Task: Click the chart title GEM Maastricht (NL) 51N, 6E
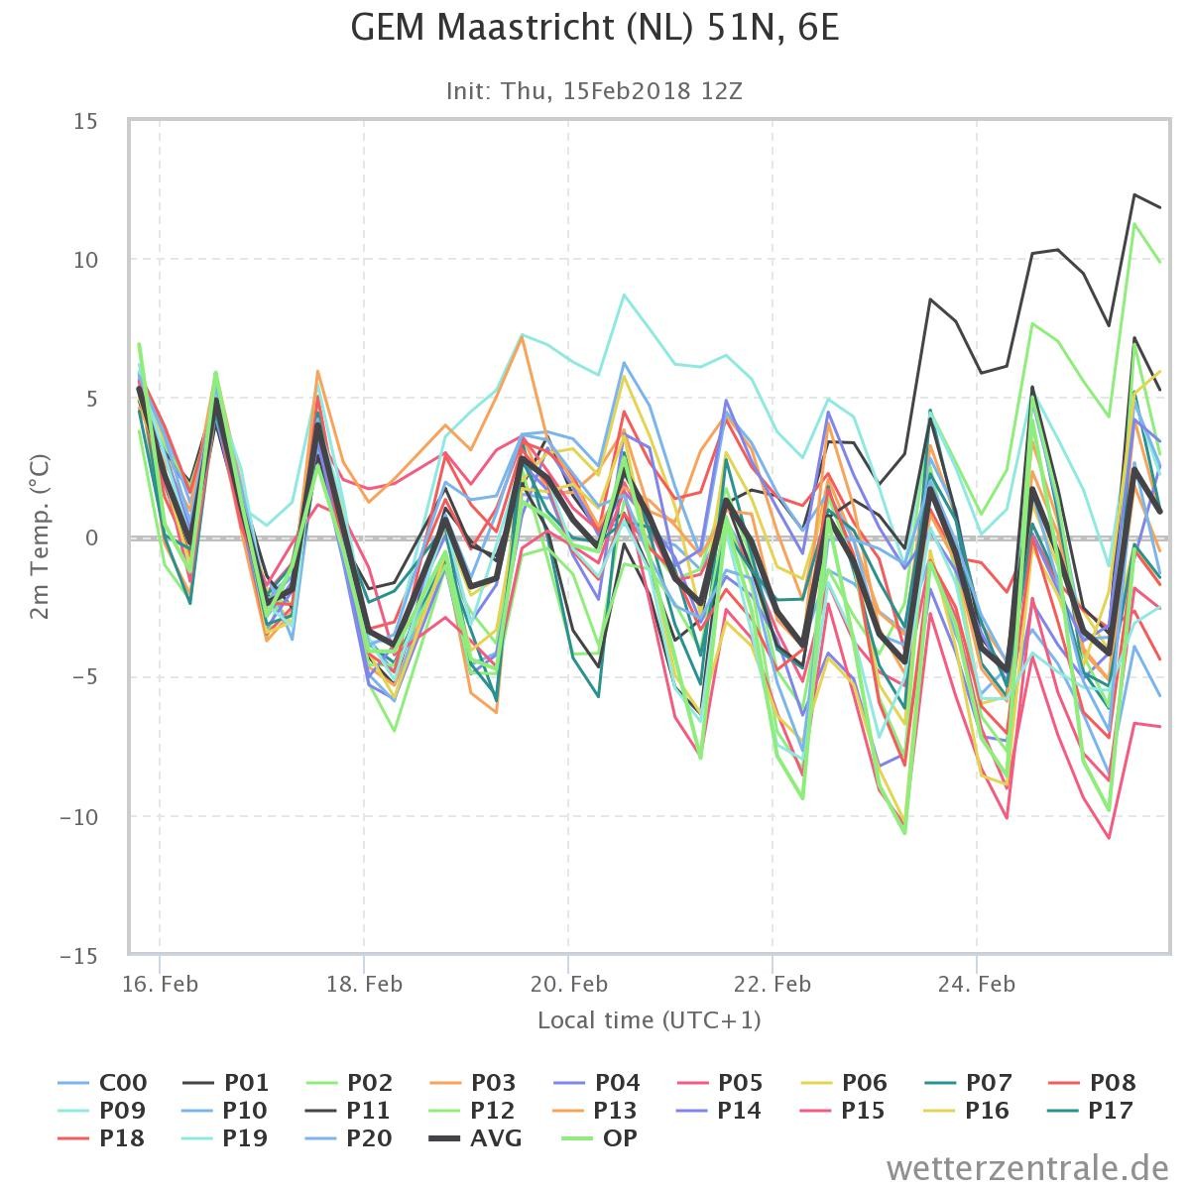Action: tap(595, 29)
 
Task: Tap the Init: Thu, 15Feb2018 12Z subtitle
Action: tap(594, 91)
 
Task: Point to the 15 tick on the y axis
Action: tap(85, 121)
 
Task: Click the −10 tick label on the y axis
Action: tap(79, 817)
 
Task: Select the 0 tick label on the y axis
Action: tap(91, 537)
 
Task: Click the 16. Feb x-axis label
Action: tap(160, 983)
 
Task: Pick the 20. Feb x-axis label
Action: tap(569, 983)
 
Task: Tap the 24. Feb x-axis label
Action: tap(977, 983)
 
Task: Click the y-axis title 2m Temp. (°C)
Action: tap(40, 536)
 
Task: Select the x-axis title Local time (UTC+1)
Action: tap(649, 1020)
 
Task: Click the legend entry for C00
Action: tap(102, 1083)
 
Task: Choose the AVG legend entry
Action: tap(476, 1137)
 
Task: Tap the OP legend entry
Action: tap(600, 1137)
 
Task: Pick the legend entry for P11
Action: tap(349, 1111)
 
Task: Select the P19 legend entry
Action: tap(225, 1137)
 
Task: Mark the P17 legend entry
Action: tap(1091, 1111)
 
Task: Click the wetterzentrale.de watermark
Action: tap(1027, 1168)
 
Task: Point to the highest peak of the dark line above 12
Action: tap(1134, 194)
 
